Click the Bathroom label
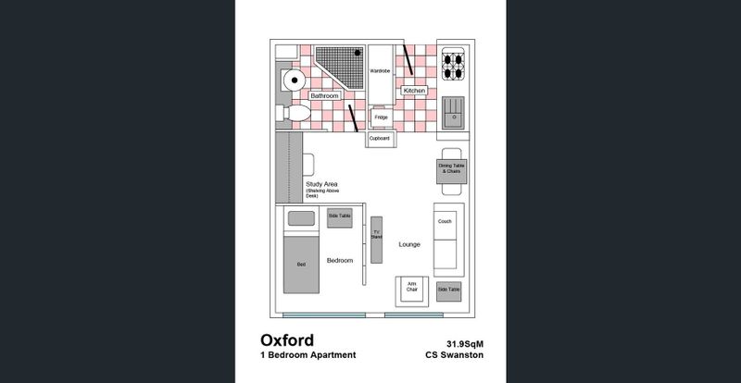pos(324,95)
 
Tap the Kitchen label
pos(414,91)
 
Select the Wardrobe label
pos(380,71)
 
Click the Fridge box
pos(381,117)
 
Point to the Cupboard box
pos(380,139)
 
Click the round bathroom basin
pos(294,80)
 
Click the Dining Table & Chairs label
pos(451,168)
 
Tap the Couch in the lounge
pos(445,236)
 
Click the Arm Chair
pos(412,290)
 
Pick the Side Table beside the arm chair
pos(448,290)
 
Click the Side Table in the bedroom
pos(340,216)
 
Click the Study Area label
pos(321,184)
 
